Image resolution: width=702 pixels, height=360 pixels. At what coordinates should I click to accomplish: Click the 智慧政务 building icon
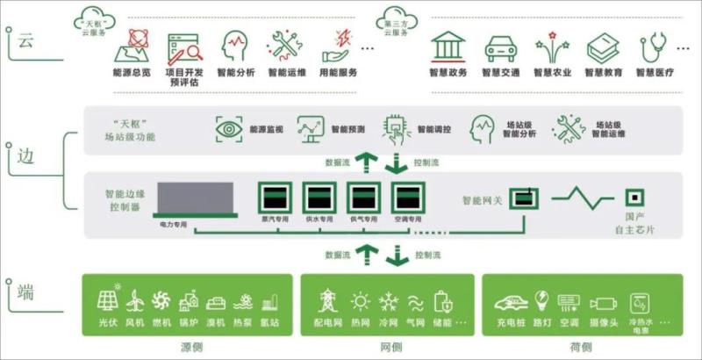[448, 47]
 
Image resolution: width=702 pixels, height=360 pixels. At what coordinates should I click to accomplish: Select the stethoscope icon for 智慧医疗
[655, 47]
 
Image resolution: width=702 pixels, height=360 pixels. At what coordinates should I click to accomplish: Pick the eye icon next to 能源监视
[229, 128]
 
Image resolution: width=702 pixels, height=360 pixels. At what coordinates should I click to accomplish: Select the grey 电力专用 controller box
[195, 199]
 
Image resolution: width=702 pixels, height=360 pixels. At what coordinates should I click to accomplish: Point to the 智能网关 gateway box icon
[523, 198]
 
